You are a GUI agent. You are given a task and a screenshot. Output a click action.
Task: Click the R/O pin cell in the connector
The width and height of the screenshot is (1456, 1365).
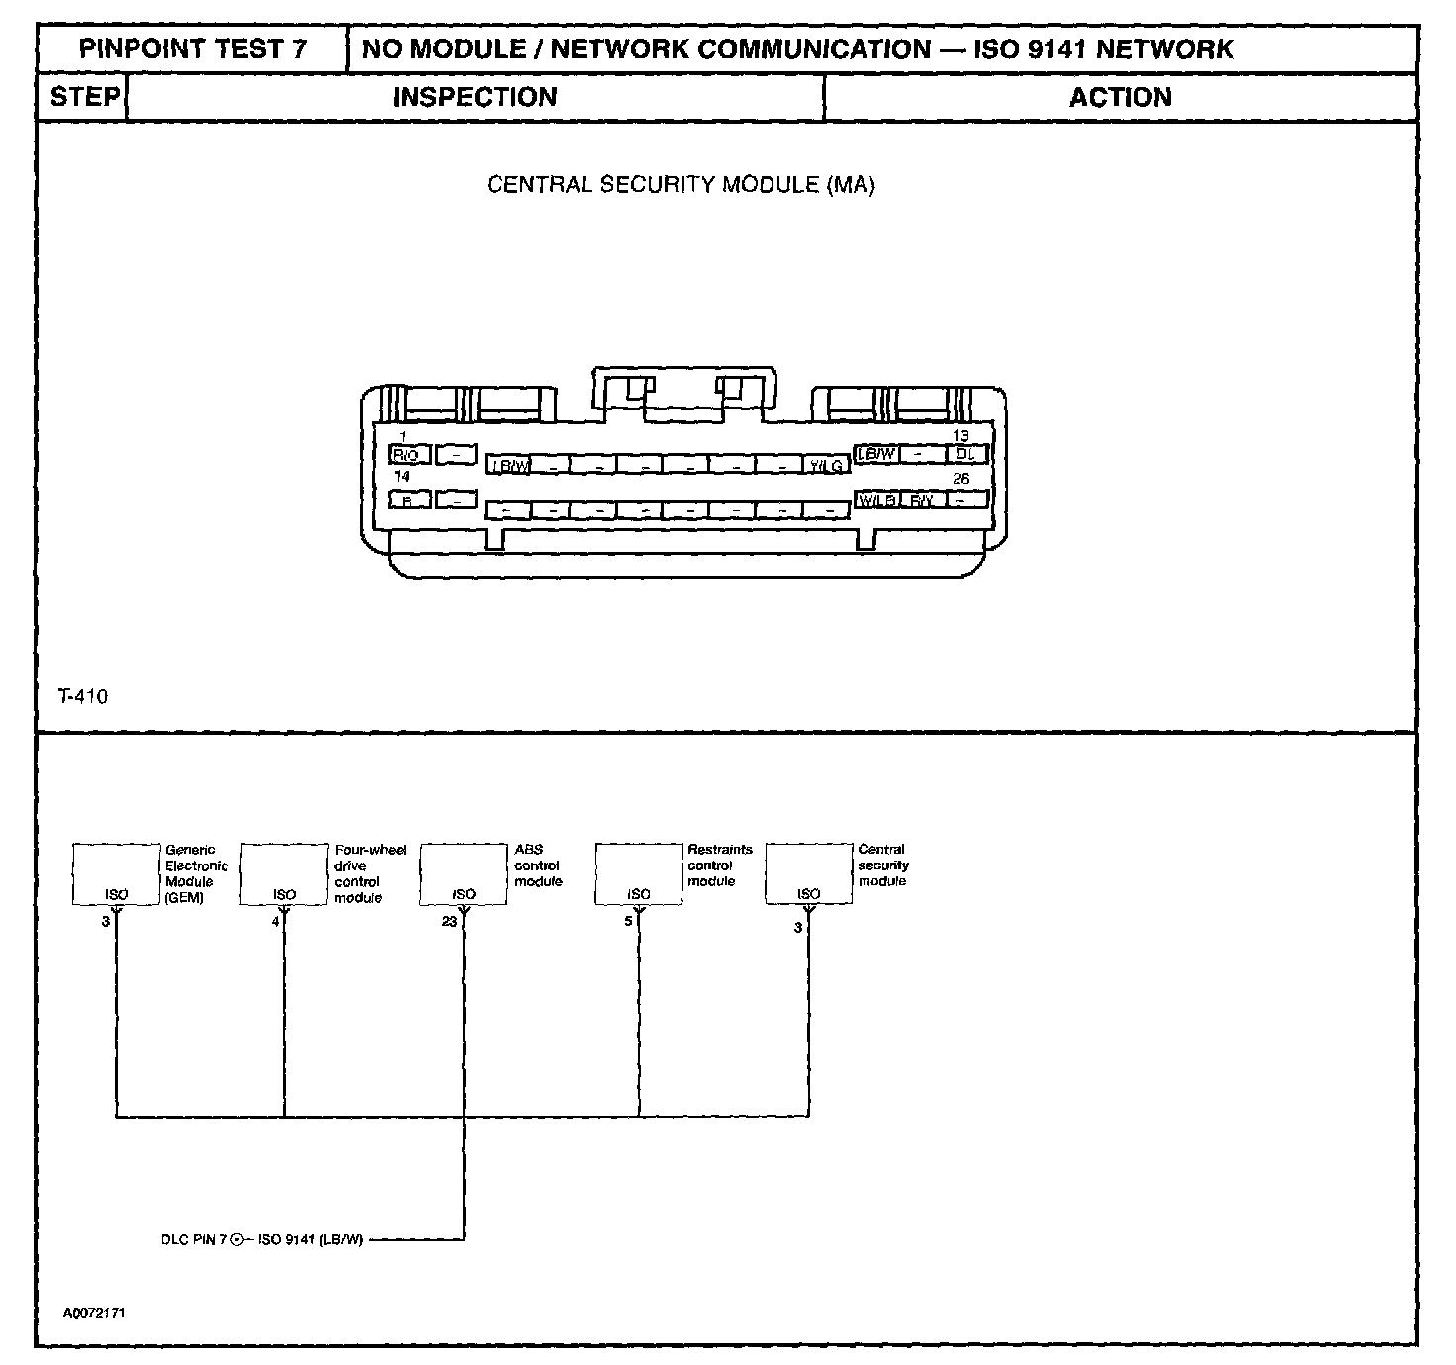point(408,455)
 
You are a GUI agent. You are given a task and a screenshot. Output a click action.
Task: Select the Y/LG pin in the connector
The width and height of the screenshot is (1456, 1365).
point(826,465)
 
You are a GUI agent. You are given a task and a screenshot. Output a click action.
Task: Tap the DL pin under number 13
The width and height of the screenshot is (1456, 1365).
point(966,454)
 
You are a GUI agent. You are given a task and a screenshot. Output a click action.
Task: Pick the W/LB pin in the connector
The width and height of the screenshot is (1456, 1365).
point(876,500)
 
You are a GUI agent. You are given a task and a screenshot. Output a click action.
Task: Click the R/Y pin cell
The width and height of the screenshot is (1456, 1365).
point(921,500)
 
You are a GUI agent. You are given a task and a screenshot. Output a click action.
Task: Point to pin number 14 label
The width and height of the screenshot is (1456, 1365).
point(402,477)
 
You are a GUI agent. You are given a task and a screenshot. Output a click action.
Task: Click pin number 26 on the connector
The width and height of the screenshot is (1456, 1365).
point(960,479)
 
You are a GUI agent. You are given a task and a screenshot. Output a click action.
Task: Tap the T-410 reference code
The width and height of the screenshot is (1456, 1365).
point(83,696)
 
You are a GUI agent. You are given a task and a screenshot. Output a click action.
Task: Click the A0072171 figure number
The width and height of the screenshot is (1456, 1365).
point(94,1313)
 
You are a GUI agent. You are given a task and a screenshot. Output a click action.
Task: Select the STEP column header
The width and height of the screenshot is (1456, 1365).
point(83,97)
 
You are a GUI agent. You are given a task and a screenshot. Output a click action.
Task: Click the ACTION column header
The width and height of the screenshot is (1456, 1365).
point(1120,97)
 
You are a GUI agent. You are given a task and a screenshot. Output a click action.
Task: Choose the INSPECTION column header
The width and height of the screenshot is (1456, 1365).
point(475,97)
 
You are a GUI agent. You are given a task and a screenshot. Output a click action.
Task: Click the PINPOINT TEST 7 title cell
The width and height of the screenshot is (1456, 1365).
point(193,49)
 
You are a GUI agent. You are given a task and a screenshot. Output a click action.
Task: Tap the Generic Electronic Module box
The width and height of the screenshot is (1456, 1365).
point(117,873)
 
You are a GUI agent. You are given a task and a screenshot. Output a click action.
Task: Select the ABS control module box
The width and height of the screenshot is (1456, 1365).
point(464,873)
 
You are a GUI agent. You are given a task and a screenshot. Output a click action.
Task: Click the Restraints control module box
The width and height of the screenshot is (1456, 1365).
point(639,873)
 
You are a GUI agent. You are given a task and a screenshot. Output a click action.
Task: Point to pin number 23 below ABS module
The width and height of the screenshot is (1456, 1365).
point(449,922)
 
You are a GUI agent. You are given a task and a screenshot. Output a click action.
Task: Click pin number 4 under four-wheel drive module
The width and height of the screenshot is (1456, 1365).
point(275,922)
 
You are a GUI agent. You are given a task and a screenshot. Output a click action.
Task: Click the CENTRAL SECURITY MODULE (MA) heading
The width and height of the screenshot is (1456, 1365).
point(681,185)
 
